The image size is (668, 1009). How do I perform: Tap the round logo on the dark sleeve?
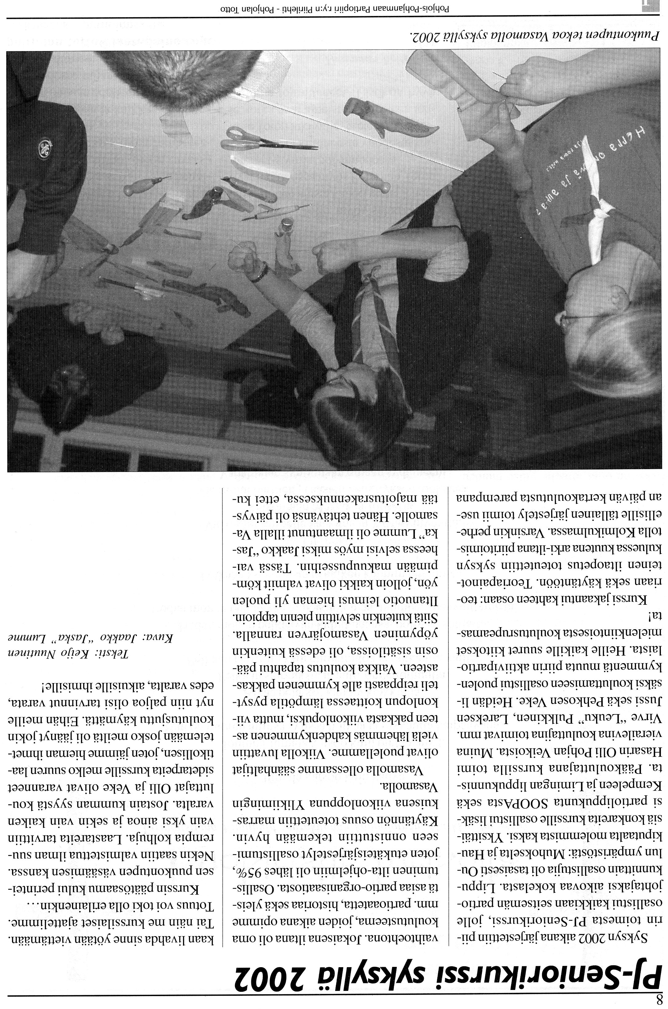coord(45,147)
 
